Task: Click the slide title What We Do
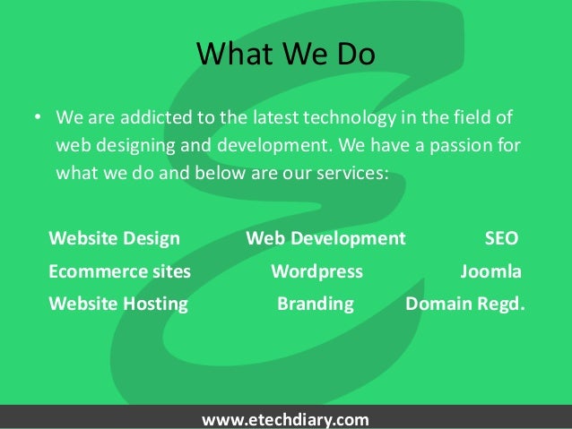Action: [286, 56]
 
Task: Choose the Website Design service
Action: [114, 239]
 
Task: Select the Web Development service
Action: [325, 239]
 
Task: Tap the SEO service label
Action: [500, 239]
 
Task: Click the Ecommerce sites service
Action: [119, 271]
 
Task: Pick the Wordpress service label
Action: [316, 271]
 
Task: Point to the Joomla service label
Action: [490, 271]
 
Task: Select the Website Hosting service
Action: [118, 304]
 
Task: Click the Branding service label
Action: [316, 304]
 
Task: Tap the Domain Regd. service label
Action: [466, 304]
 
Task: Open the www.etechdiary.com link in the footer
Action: [286, 419]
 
